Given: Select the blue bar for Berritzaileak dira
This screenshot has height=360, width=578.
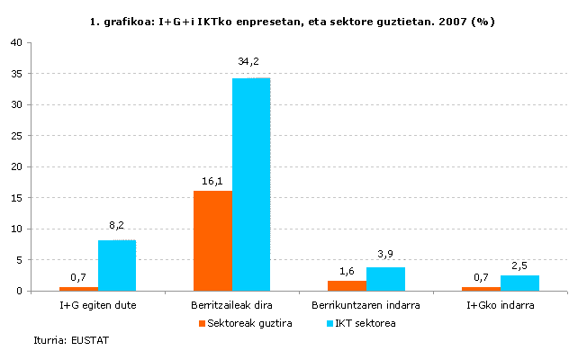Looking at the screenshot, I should click(250, 184).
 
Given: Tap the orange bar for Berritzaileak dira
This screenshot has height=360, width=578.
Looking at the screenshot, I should click(212, 240).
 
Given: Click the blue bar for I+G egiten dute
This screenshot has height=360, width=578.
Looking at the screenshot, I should click(117, 265).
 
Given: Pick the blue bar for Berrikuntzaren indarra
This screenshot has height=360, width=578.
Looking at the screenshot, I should click(385, 279).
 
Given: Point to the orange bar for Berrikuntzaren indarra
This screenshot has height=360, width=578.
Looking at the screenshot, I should click(347, 286).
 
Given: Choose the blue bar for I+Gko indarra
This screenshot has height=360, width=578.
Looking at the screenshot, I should click(519, 283).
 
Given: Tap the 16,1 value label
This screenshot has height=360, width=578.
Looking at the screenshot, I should click(212, 181).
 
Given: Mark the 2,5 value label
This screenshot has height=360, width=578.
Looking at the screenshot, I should click(519, 265).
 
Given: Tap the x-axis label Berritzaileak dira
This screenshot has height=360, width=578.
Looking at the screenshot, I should click(231, 306).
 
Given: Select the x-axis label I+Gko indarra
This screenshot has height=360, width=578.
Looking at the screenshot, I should click(501, 306).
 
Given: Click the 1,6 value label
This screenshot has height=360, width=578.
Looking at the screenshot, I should click(347, 270).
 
